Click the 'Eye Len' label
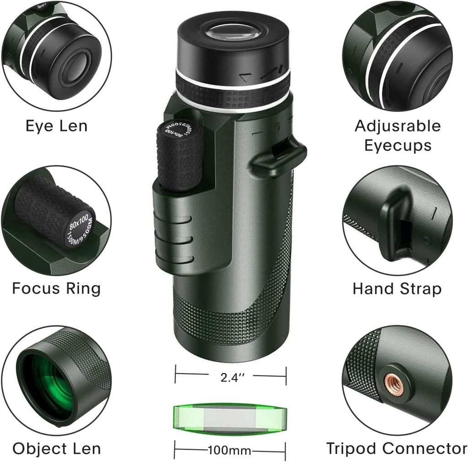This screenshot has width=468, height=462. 56,126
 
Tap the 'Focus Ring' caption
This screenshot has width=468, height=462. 56,288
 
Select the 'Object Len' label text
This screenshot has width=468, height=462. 56,449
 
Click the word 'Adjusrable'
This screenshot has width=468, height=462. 398,126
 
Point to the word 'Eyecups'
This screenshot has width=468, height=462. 398,146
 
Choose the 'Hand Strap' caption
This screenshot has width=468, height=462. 397,289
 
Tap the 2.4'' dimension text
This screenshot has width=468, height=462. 233,377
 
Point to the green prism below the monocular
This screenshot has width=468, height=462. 230,419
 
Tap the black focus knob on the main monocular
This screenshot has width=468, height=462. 179,156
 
